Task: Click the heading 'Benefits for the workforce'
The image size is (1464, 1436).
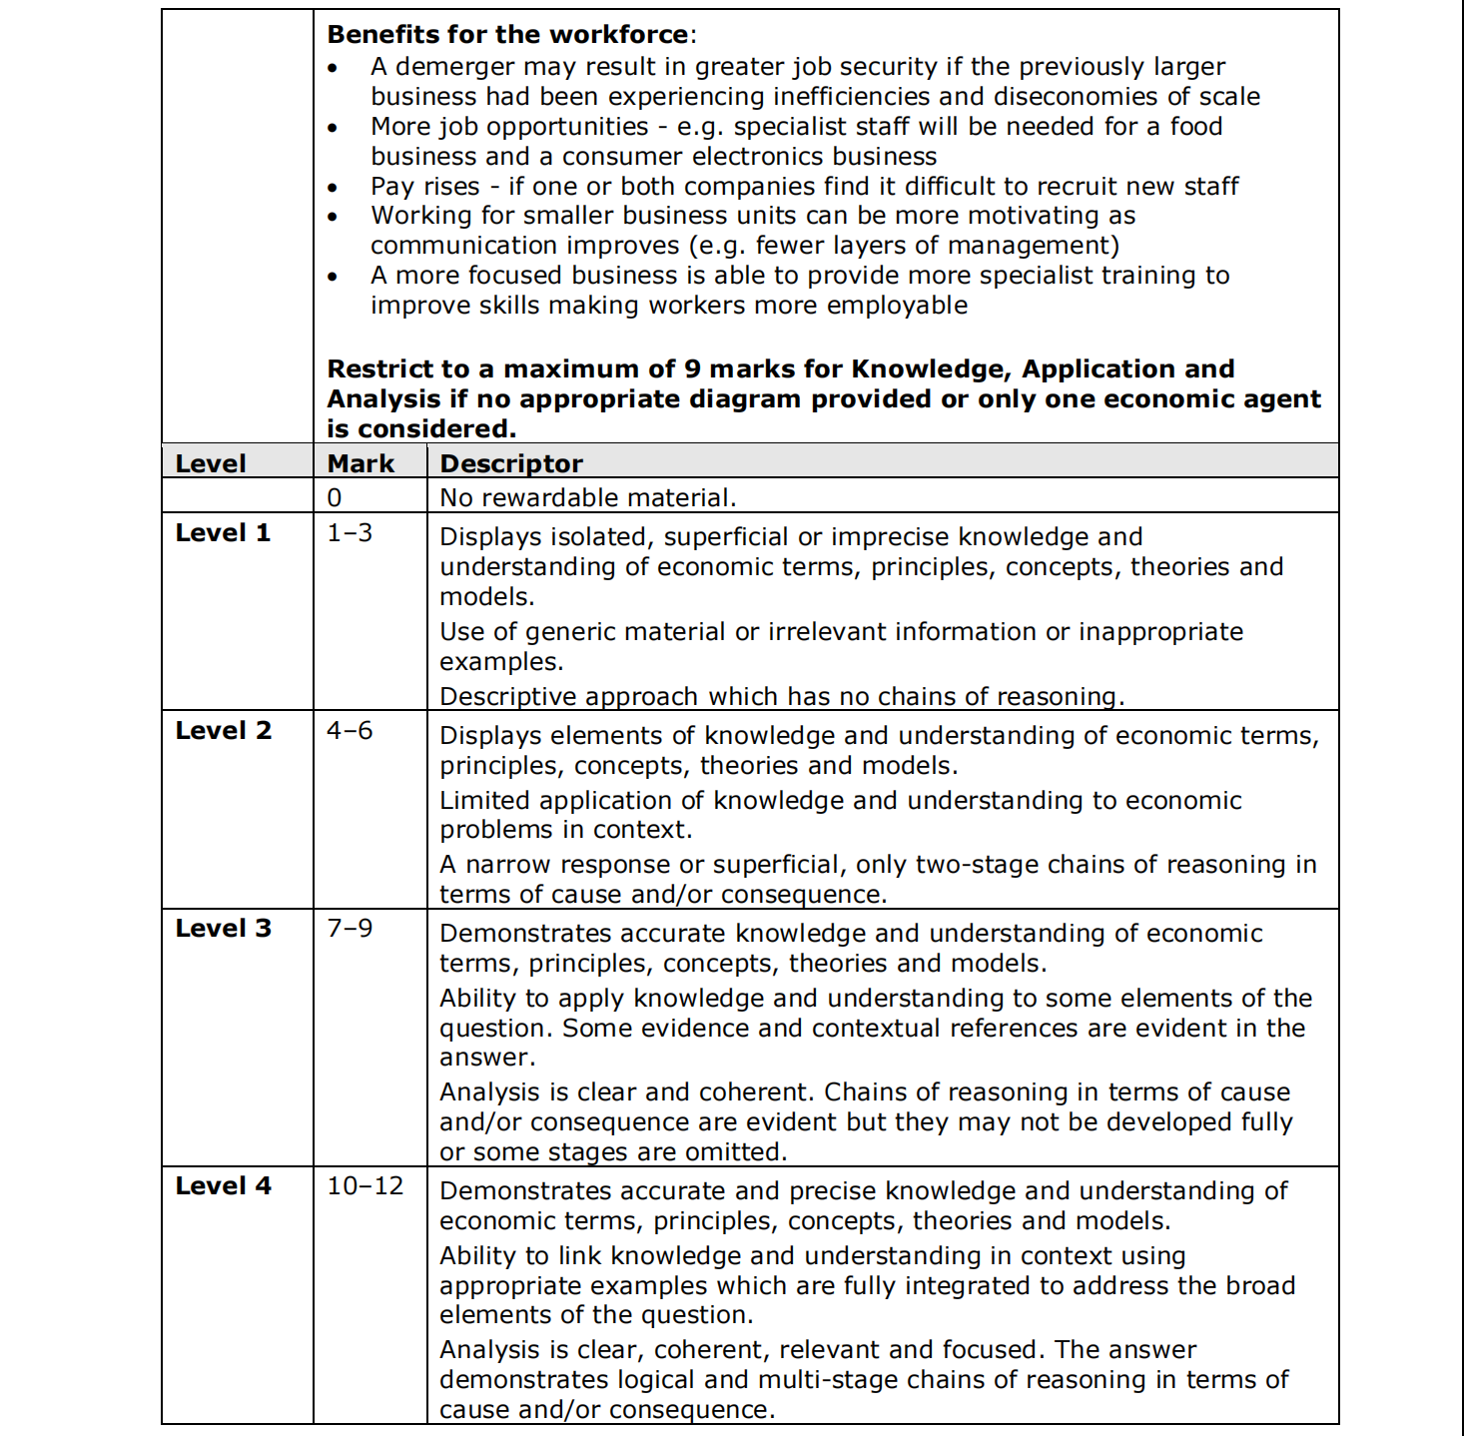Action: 507,35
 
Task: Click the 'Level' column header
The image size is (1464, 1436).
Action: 210,463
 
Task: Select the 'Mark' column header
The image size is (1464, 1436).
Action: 361,463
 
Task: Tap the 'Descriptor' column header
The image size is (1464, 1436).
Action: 511,463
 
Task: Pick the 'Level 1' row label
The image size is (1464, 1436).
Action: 223,533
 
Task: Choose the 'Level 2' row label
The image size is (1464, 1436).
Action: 223,731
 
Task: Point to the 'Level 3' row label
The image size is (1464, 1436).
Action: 223,929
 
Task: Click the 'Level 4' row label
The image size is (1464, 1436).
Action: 223,1186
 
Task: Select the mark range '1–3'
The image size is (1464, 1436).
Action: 350,533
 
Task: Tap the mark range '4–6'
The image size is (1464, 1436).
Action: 350,731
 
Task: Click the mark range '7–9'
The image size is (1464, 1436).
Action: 350,929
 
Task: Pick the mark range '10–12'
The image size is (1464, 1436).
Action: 366,1186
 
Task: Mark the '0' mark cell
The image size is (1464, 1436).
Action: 335,498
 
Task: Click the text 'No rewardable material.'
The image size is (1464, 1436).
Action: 588,498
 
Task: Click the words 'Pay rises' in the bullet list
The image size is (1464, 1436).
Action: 425,187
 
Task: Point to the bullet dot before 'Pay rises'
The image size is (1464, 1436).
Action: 333,188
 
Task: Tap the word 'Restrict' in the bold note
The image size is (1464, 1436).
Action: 383,369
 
